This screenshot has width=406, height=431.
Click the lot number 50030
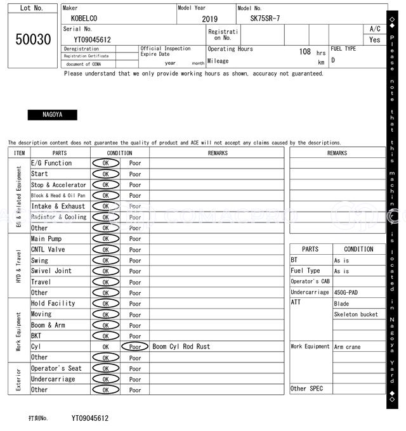32,39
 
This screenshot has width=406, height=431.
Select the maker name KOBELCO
84,19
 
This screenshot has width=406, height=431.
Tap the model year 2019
209,19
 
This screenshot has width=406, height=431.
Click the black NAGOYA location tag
52,115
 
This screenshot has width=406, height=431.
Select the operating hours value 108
304,51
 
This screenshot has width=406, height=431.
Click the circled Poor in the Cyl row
135,347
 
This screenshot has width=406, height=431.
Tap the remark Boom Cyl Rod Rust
181,347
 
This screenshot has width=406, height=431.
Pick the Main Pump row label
46,239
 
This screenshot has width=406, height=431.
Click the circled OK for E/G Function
105,163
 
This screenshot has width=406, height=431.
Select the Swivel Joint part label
51,271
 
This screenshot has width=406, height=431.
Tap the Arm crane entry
348,347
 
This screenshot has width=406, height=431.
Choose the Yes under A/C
375,39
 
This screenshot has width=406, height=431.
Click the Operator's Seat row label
56,368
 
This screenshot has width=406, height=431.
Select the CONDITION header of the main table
119,153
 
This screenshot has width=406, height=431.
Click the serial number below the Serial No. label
88,39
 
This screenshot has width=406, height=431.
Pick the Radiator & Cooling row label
58,217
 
